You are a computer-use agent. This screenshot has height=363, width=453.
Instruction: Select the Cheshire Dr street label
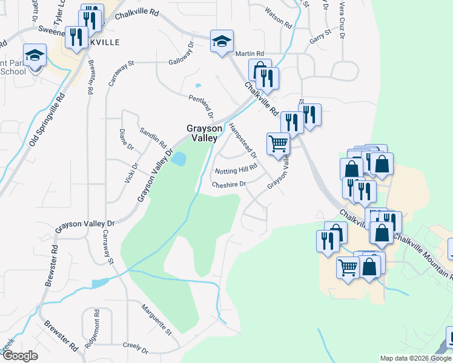click(230, 184)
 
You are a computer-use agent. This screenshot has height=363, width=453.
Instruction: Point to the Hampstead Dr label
click(242, 140)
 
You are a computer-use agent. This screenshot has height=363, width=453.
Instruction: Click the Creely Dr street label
click(135, 348)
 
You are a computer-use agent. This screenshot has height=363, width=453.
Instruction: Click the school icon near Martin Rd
click(222, 41)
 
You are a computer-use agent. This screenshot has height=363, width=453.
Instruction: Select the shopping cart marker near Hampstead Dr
click(278, 144)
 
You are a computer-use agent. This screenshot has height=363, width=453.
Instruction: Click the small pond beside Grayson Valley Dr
click(179, 159)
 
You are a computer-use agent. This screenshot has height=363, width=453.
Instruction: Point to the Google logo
click(20, 356)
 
